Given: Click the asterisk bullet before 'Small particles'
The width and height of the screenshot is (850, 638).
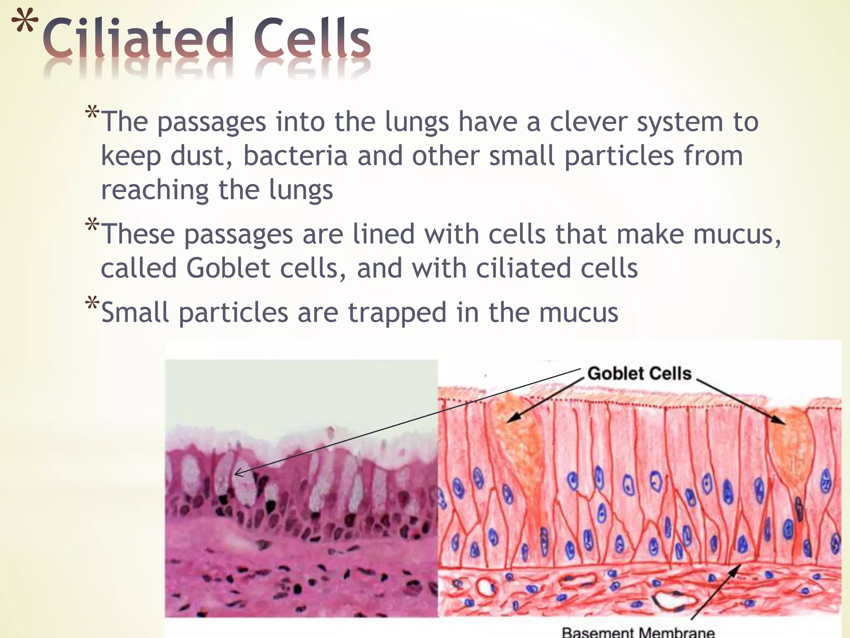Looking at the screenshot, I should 92,304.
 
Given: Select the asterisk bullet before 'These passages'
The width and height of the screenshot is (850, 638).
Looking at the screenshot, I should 92,226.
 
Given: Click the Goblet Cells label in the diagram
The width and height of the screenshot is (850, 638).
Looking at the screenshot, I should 639,373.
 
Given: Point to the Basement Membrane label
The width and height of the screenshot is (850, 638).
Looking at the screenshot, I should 638,632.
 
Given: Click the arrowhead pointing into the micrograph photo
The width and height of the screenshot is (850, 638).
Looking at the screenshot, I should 237,472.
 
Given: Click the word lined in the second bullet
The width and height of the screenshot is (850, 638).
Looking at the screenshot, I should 383,234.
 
